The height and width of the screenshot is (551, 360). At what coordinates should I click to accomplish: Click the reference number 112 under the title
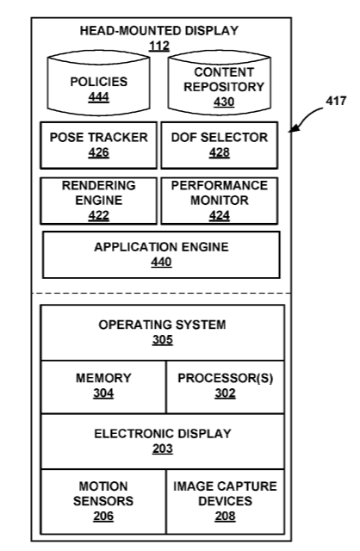[159, 46]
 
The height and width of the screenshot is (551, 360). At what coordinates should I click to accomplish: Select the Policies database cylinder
[99, 83]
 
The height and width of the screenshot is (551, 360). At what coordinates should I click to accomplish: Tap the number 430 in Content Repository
[224, 102]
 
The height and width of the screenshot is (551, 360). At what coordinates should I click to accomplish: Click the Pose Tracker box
[99, 145]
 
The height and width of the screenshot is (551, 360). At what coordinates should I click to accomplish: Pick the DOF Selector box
[220, 145]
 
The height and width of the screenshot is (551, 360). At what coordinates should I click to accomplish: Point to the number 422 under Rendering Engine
[99, 215]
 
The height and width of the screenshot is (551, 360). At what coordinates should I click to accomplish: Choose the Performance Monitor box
[220, 201]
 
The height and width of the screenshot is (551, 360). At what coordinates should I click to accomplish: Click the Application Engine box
[161, 255]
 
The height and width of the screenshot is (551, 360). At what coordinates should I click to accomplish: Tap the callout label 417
[336, 102]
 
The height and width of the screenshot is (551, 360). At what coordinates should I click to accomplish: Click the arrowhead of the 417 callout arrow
[293, 129]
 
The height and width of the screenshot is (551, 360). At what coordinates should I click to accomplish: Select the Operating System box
[163, 332]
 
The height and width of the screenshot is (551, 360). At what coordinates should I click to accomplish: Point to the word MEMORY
[103, 378]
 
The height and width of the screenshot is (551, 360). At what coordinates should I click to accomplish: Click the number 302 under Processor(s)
[226, 393]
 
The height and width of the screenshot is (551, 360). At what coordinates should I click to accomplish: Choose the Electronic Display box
[163, 442]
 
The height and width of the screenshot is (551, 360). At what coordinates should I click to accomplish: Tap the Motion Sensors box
[103, 501]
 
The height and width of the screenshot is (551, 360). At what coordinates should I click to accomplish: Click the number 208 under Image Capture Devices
[226, 517]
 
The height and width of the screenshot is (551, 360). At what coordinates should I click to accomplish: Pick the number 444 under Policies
[99, 96]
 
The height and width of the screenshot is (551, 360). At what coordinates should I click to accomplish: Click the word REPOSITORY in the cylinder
[224, 87]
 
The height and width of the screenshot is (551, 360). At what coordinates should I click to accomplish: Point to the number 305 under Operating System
[163, 340]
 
